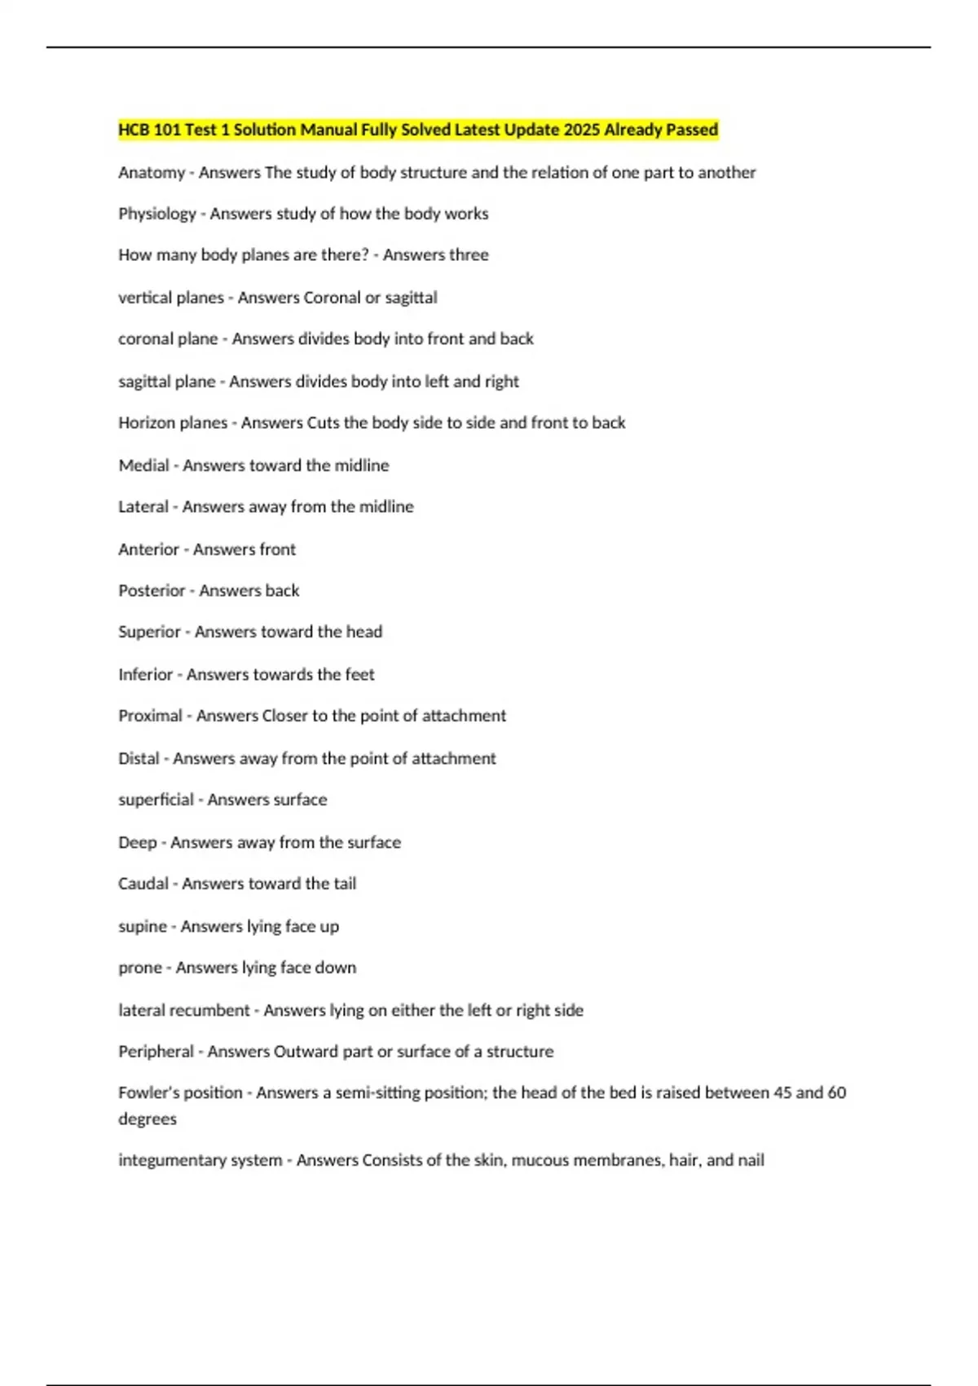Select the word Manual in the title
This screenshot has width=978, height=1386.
328,130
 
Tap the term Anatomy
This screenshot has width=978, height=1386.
152,173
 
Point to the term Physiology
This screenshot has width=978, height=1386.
157,214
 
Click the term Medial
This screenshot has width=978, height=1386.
143,466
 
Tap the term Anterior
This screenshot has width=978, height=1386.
148,550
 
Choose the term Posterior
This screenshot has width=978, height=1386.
152,590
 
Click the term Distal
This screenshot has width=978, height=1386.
139,758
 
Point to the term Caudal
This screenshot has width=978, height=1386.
143,884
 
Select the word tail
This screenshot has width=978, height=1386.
345,884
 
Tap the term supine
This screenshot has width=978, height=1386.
143,927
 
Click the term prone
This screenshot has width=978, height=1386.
140,968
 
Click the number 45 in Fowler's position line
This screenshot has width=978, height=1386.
782,1092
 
